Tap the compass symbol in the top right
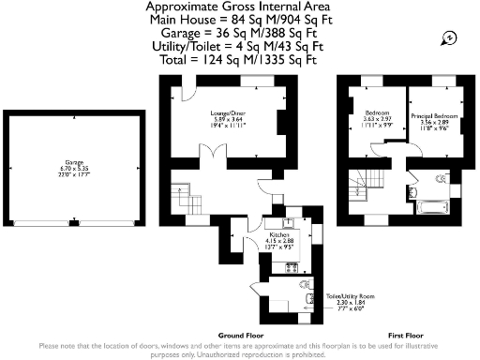pos(451,37)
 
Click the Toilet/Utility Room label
pos(345,296)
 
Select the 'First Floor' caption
pos(407,335)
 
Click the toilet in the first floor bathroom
pos(441,180)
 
